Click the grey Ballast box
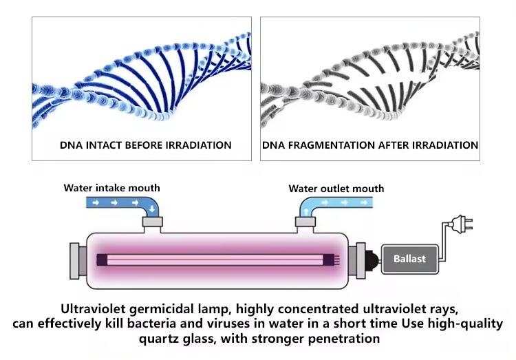tap(409, 260)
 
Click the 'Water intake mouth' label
tap(111, 187)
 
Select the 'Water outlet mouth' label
tap(336, 188)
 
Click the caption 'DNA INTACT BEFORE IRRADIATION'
tap(145, 145)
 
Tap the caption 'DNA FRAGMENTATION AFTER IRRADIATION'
tap(370, 145)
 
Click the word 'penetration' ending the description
tap(342, 339)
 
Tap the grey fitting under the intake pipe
tap(152, 222)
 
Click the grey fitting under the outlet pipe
tap(304, 222)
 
